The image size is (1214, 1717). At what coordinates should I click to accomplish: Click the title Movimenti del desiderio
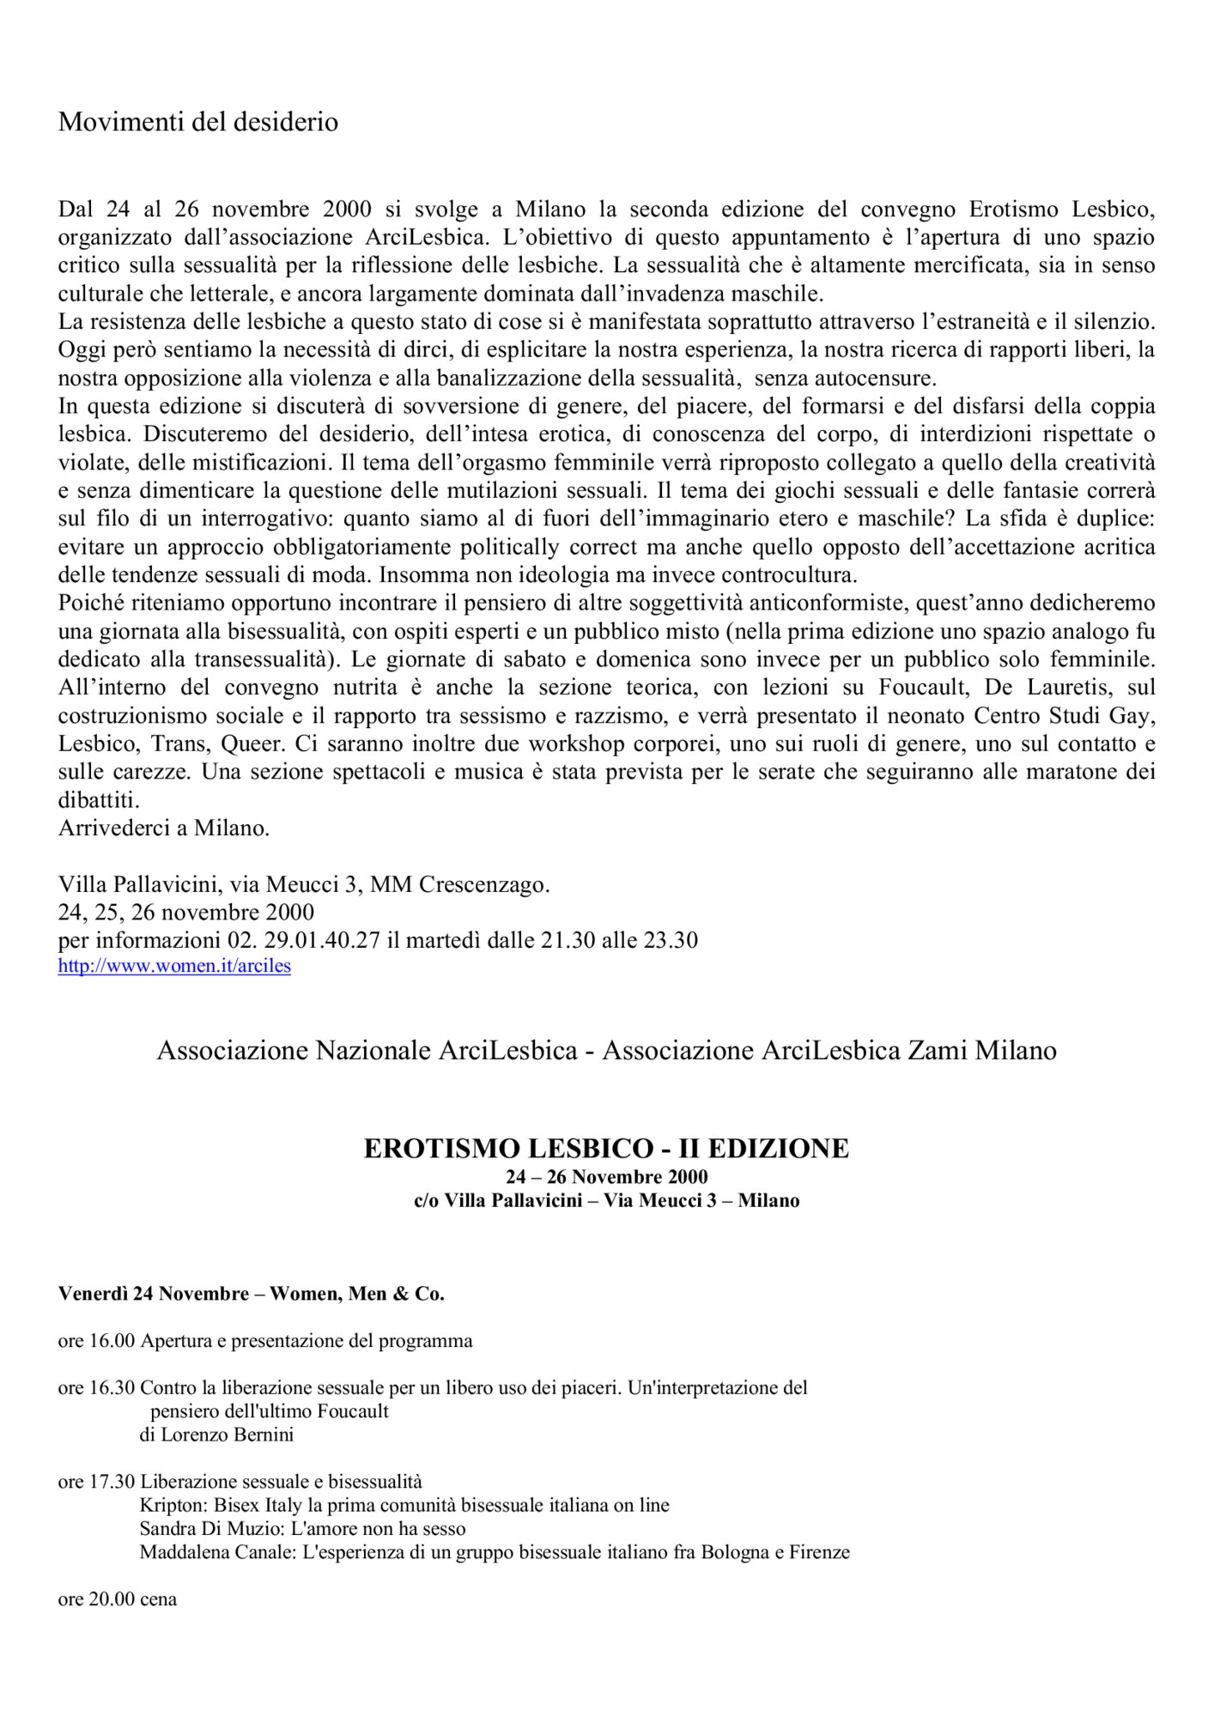pos(197,122)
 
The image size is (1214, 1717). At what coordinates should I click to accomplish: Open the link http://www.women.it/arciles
pos(174,966)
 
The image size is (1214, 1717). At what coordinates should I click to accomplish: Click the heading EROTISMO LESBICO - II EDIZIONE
pos(606,1149)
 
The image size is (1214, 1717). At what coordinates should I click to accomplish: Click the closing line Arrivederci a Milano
pos(164,828)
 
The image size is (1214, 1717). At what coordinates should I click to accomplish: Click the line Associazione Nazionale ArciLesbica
pos(367,1051)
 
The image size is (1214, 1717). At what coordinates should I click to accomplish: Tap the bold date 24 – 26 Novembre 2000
pos(606,1177)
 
